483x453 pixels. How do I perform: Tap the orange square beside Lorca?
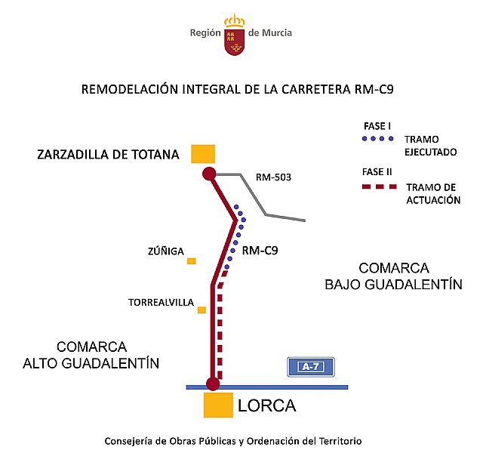[217, 405]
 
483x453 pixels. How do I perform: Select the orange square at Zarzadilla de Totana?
[203, 153]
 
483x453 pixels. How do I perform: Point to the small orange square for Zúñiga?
[192, 260]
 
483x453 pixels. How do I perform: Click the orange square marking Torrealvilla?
[202, 310]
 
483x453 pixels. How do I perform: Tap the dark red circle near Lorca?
[213, 384]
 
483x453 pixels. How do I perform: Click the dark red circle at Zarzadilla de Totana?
[209, 174]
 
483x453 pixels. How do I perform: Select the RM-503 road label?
[273, 178]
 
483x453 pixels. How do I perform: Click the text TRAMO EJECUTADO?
[431, 145]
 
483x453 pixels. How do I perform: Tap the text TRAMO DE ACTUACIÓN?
[433, 194]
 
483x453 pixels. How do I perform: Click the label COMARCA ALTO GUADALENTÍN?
[91, 355]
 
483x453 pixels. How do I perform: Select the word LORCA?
[266, 405]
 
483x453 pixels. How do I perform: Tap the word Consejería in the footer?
[133, 440]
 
